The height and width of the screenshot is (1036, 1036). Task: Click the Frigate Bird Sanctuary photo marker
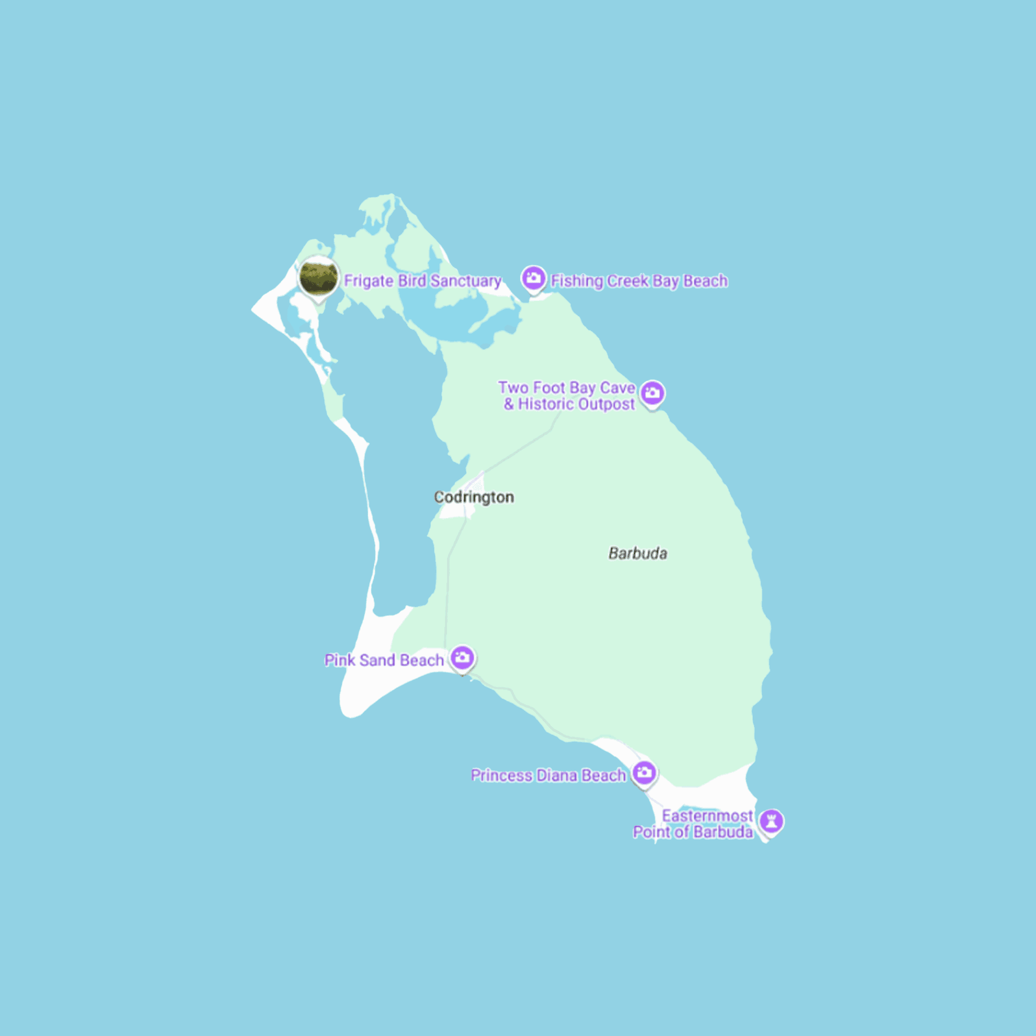coord(319,277)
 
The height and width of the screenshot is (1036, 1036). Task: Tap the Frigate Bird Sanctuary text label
coord(423,281)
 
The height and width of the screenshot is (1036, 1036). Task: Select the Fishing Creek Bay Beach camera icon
coord(533,278)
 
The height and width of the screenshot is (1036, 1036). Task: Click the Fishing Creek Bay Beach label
coord(639,281)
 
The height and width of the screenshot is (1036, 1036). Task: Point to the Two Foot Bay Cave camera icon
coord(652,393)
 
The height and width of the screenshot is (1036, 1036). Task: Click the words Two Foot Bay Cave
coord(566,387)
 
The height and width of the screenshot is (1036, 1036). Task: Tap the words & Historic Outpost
coord(569,405)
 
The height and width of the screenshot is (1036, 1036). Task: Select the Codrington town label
coord(474,497)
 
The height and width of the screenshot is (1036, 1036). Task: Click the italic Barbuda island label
coord(638,553)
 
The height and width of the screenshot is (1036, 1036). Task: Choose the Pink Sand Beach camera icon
coord(462,657)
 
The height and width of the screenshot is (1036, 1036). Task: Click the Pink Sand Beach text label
coord(384,660)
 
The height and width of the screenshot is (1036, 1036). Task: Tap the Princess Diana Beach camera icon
coord(644,773)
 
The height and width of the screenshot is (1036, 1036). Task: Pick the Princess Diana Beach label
coord(548,775)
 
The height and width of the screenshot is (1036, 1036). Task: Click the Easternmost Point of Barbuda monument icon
coord(771,821)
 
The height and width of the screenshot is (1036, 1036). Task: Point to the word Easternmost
coord(707,816)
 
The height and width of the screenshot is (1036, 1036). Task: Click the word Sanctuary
coord(466,281)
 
